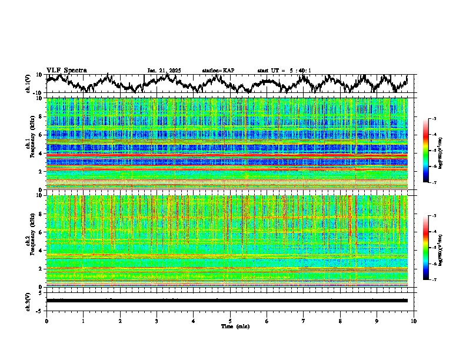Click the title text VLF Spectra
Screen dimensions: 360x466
click(66, 71)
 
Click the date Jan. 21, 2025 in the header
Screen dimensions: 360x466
click(164, 71)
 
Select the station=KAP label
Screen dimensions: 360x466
click(218, 71)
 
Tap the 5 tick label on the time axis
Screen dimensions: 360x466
click(230, 321)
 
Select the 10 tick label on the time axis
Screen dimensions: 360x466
click(414, 321)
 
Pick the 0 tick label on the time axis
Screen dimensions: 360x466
click(46, 321)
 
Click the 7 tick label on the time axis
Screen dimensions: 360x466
click(304, 321)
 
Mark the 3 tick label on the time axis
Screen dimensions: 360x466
click(157, 321)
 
